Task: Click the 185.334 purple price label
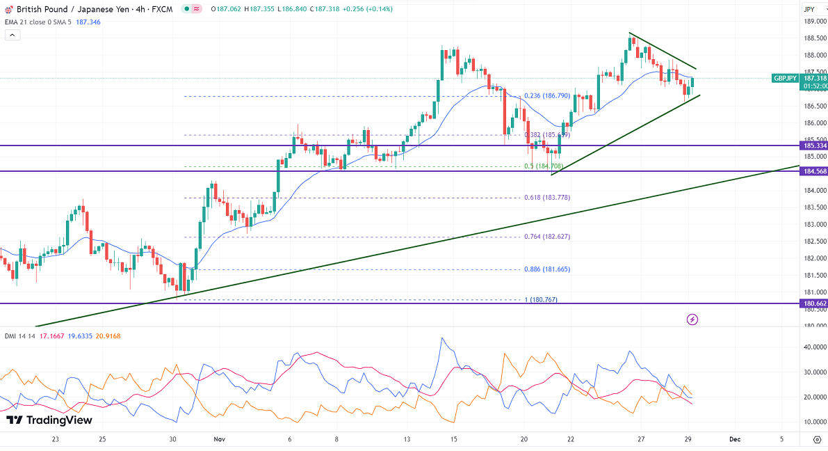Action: pyautogui.click(x=813, y=145)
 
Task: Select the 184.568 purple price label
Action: pyautogui.click(x=813, y=171)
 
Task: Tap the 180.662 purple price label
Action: pyautogui.click(x=813, y=303)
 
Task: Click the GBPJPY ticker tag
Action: pyautogui.click(x=786, y=79)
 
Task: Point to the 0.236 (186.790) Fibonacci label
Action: pyautogui.click(x=547, y=96)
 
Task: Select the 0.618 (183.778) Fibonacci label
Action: pyautogui.click(x=547, y=198)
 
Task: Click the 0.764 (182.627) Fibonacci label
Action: pyautogui.click(x=547, y=237)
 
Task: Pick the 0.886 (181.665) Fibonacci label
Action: pyautogui.click(x=547, y=269)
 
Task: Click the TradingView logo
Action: pyautogui.click(x=49, y=420)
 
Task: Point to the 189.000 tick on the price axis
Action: pyautogui.click(x=815, y=22)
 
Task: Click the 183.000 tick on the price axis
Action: pyautogui.click(x=815, y=225)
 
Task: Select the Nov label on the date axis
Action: pyautogui.click(x=220, y=439)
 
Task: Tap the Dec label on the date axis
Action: pyautogui.click(x=734, y=439)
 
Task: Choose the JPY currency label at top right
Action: pyautogui.click(x=809, y=9)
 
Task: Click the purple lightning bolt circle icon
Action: pyautogui.click(x=692, y=319)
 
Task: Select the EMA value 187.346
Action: pyautogui.click(x=87, y=22)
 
